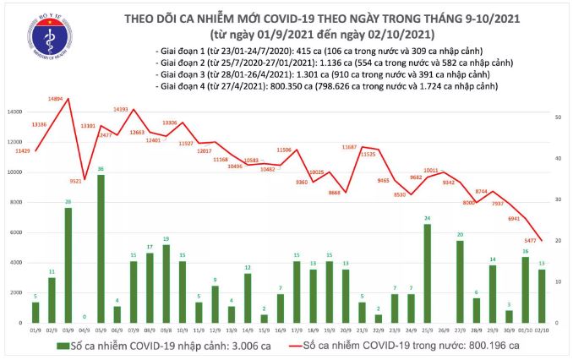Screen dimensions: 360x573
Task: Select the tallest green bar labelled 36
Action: (101, 249)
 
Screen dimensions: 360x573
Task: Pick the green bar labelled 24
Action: (427, 273)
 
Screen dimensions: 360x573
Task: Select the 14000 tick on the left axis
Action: (15, 112)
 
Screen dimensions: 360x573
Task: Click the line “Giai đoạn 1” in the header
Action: (184, 52)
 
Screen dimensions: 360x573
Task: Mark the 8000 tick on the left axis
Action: (17, 203)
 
